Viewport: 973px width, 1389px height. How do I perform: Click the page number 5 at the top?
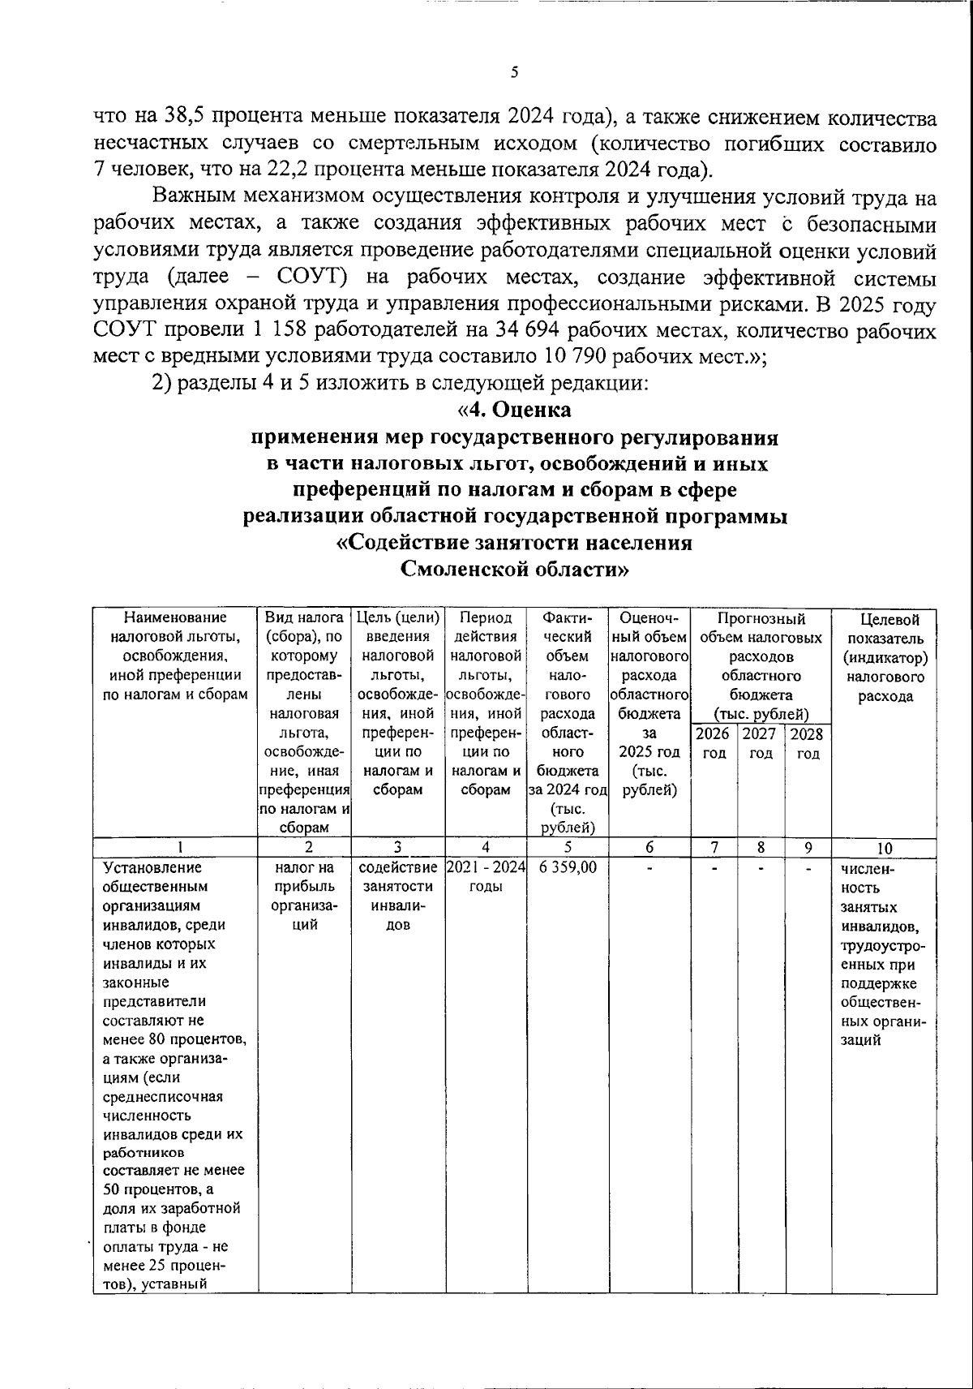coord(514,72)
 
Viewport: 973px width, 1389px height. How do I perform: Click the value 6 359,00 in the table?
coord(568,867)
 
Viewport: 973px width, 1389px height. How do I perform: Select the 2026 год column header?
coord(713,743)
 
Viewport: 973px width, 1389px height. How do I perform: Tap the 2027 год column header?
coord(761,743)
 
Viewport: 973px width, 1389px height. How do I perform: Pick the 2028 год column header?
coord(807,743)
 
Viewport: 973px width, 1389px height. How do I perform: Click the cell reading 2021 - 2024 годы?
coord(486,876)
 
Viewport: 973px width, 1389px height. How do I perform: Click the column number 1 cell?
coord(175,849)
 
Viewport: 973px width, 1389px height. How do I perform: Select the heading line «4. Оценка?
coord(514,410)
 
